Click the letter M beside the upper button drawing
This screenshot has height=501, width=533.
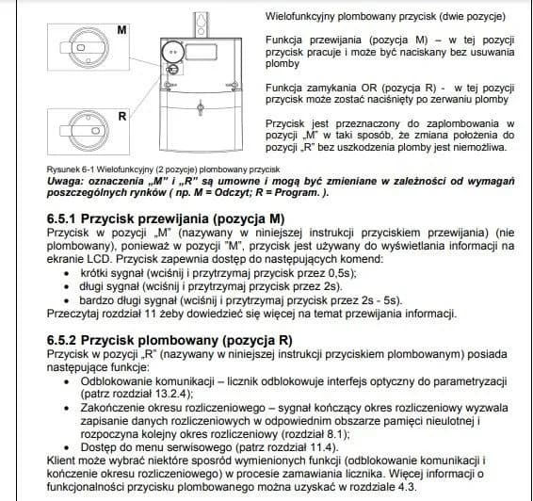122,30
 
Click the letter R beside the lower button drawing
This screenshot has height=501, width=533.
122,116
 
